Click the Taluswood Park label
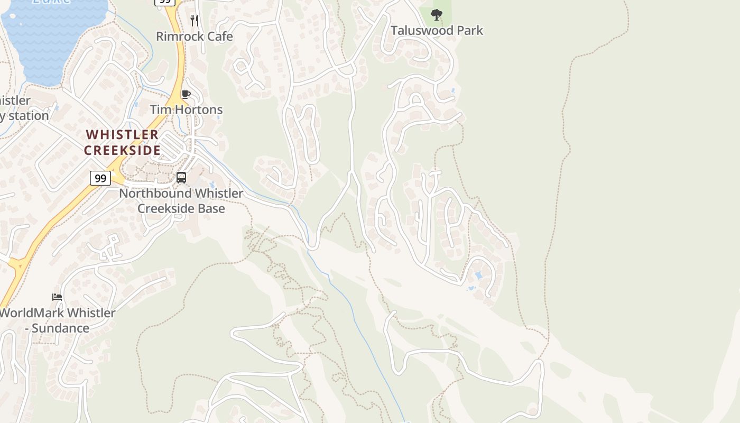[x=437, y=31]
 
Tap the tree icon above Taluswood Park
[x=436, y=14]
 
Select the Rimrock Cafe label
[x=194, y=36]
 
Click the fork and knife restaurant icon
[x=195, y=20]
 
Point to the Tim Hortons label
[x=186, y=110]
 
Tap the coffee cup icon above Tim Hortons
[x=186, y=95]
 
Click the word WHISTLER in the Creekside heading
[x=122, y=135]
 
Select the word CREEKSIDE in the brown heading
[x=122, y=150]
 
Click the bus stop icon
[x=181, y=178]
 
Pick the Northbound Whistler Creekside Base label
[x=181, y=201]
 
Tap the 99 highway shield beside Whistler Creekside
[x=100, y=178]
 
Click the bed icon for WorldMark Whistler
[x=57, y=297]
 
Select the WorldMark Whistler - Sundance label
[x=57, y=320]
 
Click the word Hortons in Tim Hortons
[x=202, y=110]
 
